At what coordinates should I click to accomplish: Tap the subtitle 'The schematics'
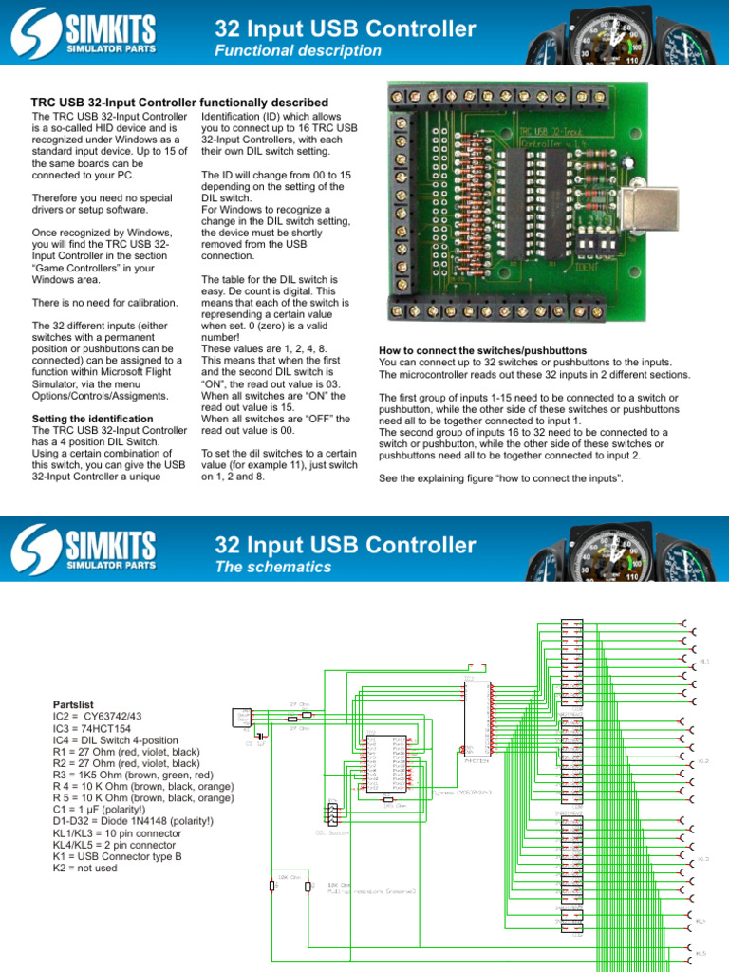point(274,567)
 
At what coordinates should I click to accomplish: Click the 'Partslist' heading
point(74,705)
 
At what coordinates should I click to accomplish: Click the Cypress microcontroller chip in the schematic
point(386,762)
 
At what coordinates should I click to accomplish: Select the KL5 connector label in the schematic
point(701,953)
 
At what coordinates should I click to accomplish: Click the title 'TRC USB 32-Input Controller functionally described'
point(179,103)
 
